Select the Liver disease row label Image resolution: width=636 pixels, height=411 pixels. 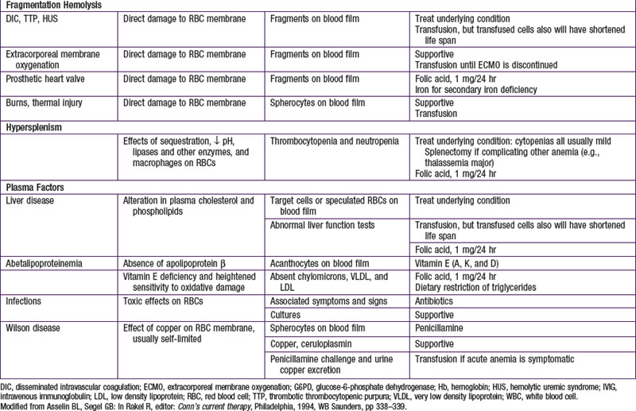(33, 201)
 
